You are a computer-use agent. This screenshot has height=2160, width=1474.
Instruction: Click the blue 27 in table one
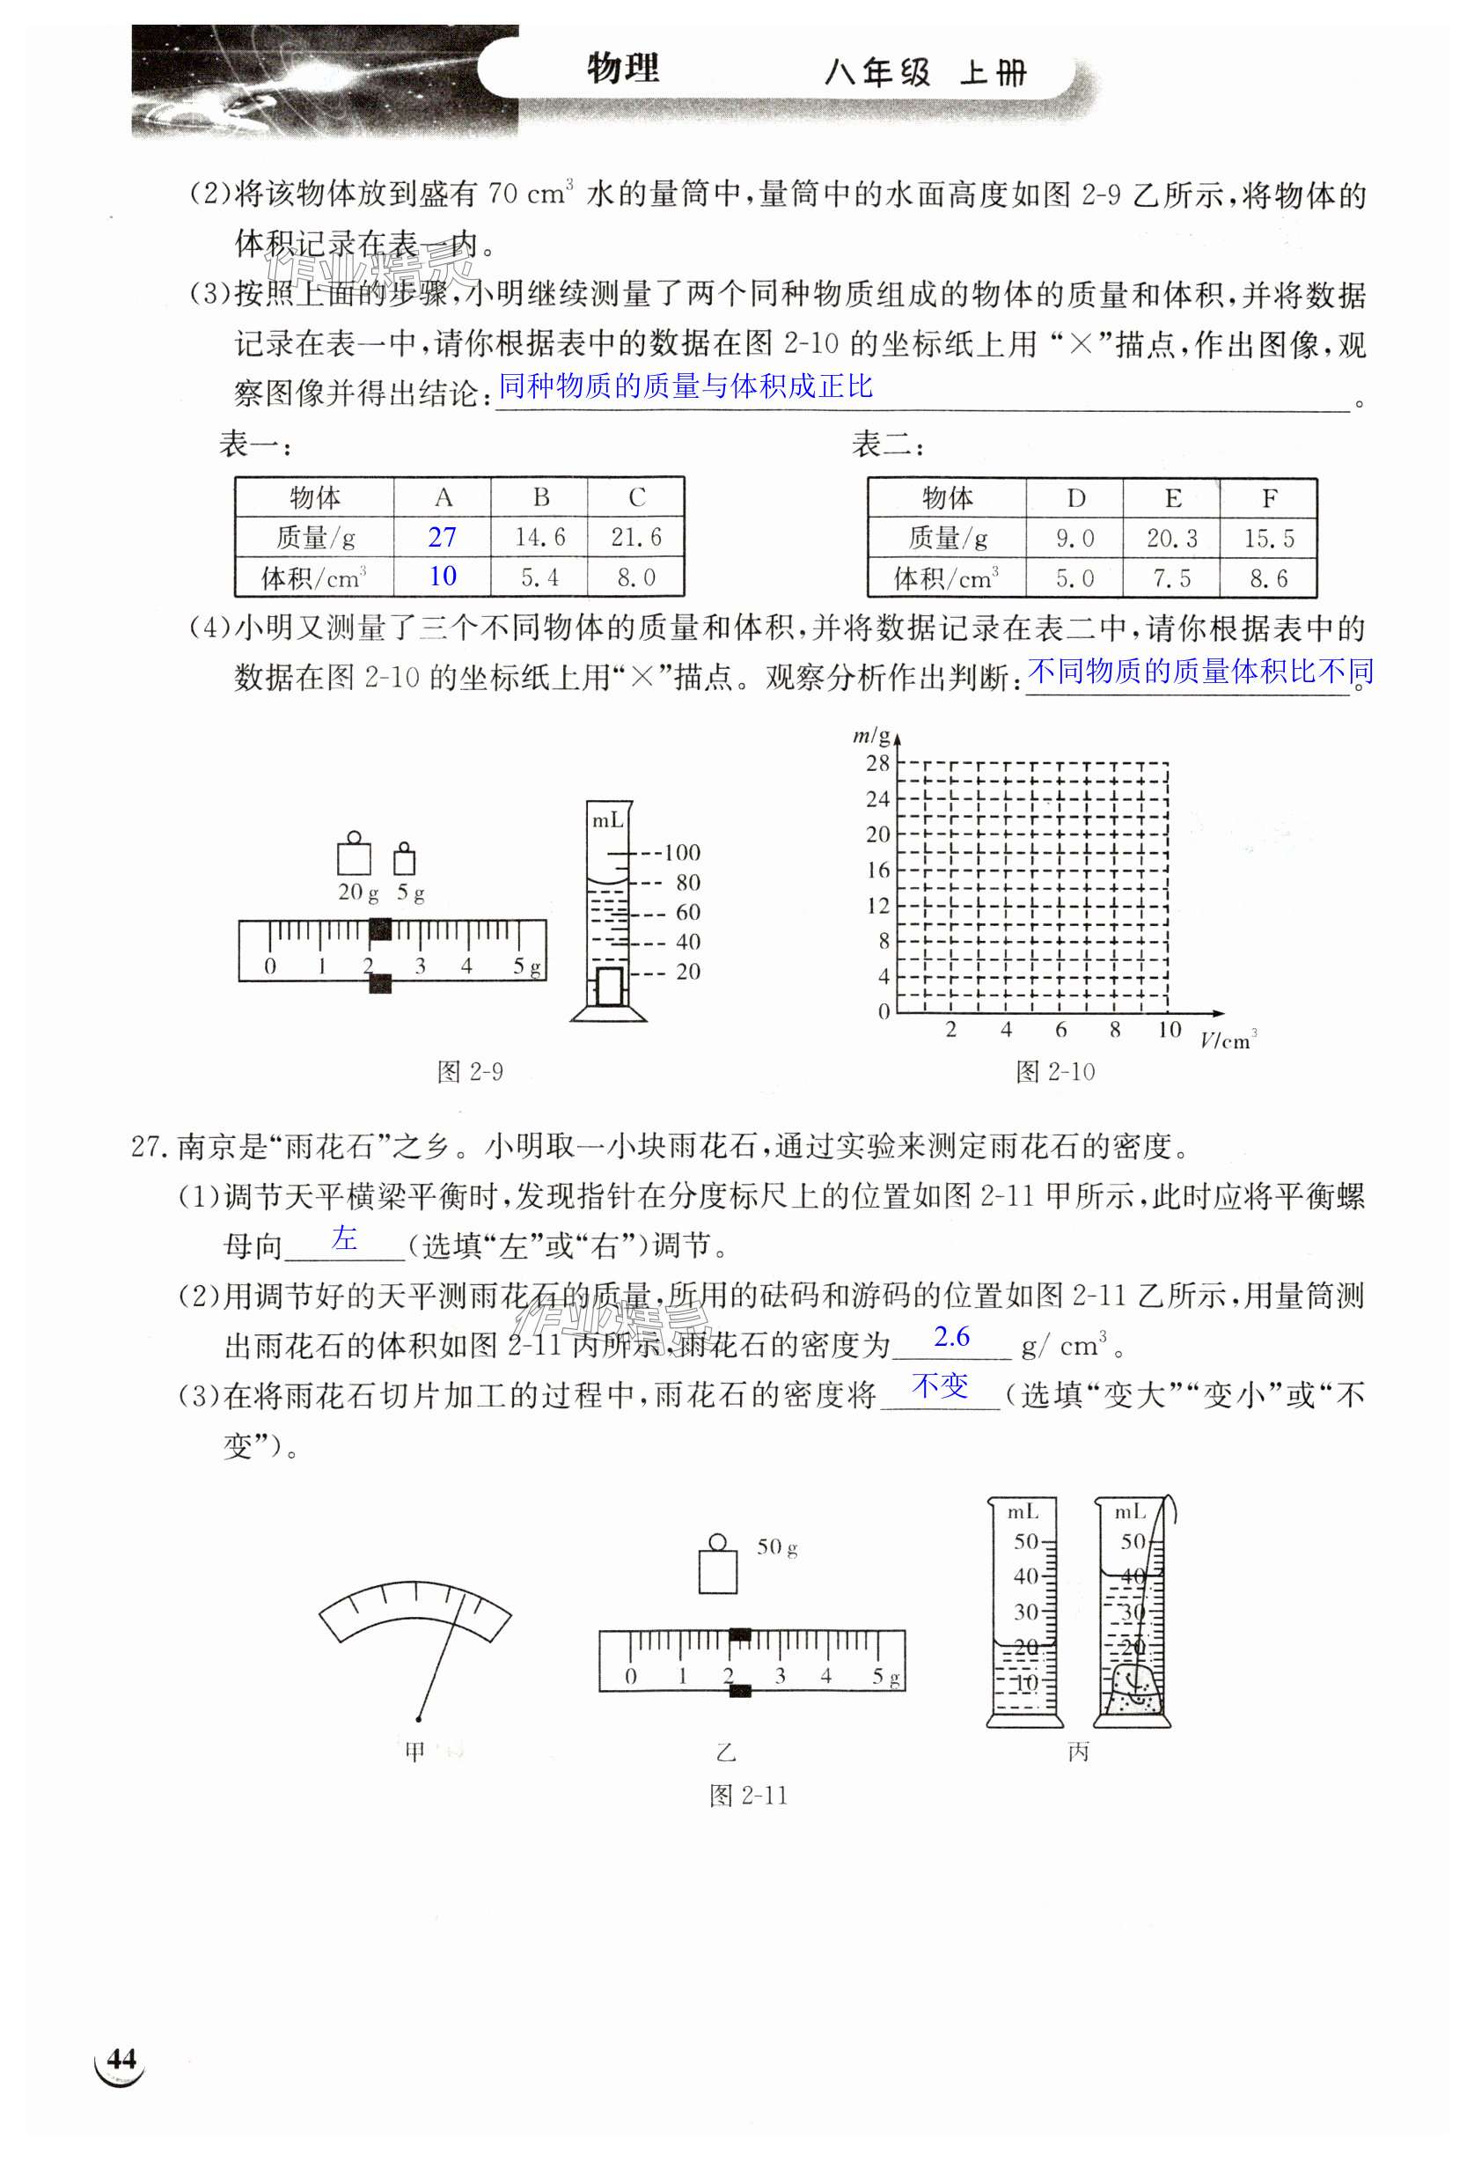[443, 537]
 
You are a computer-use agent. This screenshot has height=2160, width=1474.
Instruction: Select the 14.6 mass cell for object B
[540, 537]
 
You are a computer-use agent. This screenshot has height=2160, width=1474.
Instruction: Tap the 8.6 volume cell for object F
[1268, 579]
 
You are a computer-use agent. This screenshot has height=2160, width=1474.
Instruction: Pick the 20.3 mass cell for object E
[1171, 538]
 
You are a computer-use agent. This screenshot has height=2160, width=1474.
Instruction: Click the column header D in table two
[1075, 499]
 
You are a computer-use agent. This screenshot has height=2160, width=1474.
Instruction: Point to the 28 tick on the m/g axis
[877, 764]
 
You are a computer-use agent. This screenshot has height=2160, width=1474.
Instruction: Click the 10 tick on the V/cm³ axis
[1169, 1030]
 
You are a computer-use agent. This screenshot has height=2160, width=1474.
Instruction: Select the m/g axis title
[871, 736]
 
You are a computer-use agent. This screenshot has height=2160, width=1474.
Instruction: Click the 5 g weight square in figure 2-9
[404, 861]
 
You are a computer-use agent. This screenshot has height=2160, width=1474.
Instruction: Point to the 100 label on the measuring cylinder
[682, 852]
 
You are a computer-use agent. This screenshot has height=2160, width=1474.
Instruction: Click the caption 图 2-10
[1055, 1071]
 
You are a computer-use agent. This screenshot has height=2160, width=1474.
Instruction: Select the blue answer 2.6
[950, 1336]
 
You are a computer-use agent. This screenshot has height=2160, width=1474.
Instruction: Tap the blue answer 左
[345, 1238]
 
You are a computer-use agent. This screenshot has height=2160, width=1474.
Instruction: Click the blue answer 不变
[940, 1385]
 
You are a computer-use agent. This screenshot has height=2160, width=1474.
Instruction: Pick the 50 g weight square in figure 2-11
[717, 1569]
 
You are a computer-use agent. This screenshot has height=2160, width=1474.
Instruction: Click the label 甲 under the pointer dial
[414, 1751]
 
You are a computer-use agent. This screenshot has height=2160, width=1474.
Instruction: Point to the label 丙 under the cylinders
[1078, 1751]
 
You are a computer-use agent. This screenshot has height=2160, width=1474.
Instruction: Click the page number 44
[121, 2059]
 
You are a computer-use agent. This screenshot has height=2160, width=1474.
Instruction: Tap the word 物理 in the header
[623, 69]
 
